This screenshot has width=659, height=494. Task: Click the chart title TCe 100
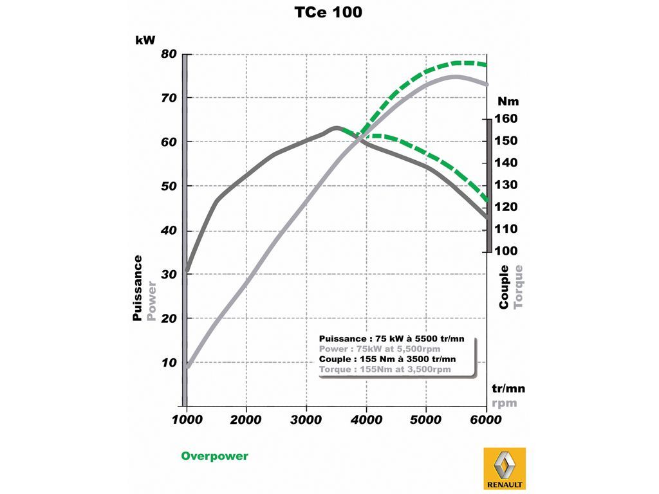click(x=328, y=12)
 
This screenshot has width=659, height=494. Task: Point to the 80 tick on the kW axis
click(x=168, y=54)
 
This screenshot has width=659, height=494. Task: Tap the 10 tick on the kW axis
click(x=168, y=363)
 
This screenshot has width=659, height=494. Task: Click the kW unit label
click(x=145, y=40)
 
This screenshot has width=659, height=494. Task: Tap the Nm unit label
click(x=508, y=102)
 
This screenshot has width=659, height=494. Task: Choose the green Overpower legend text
click(x=214, y=456)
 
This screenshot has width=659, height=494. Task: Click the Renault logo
click(x=505, y=468)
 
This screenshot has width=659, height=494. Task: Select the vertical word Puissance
click(x=138, y=288)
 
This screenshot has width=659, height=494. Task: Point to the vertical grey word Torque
click(x=519, y=286)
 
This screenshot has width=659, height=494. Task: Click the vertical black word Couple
click(x=505, y=287)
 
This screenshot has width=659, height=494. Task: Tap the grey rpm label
click(x=504, y=403)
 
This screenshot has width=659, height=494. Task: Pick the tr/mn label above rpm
click(x=508, y=389)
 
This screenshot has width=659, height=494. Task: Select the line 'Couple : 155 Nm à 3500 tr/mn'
click(x=387, y=359)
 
